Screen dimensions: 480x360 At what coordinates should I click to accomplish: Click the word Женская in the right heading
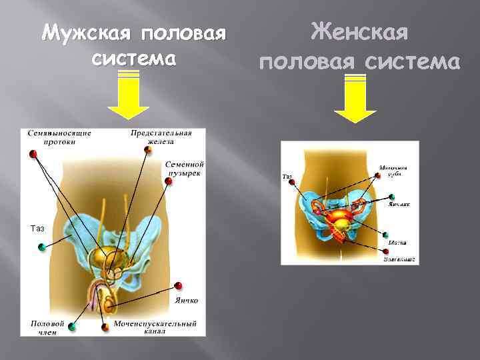(360, 32)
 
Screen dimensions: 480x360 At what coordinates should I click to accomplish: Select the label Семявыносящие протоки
(59, 137)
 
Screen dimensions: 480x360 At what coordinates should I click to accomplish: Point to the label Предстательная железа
(161, 137)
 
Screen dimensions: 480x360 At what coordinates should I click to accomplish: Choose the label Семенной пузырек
(185, 169)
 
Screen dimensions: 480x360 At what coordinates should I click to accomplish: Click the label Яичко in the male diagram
(187, 300)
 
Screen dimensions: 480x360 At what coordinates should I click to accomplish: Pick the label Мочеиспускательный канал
(155, 328)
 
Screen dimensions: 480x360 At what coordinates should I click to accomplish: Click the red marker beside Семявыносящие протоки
(33, 154)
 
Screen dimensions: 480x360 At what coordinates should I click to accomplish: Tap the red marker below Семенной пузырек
(168, 181)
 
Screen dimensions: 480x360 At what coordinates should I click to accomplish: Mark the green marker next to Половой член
(72, 327)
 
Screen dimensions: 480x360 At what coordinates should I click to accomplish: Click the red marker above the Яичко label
(178, 286)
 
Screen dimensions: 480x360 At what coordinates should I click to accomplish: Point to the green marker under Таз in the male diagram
(41, 247)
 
